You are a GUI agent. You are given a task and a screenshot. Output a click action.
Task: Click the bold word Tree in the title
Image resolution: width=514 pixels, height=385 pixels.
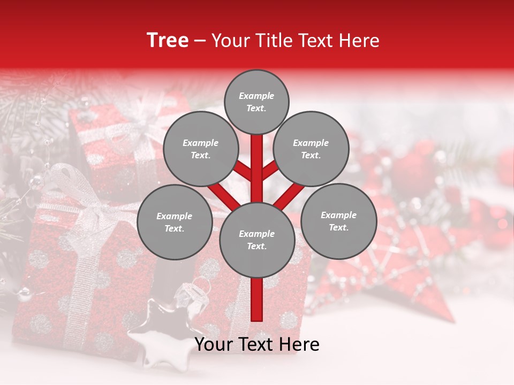(168, 41)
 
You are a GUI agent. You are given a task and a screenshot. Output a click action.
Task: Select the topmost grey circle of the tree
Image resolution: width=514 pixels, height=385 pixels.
(256, 102)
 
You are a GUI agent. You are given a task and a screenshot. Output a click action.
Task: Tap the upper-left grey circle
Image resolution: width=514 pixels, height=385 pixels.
(200, 149)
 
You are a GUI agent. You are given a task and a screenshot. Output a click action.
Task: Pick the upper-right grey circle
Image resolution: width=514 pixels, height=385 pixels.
(311, 149)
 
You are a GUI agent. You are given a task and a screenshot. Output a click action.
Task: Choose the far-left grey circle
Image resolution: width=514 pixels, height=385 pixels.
(174, 222)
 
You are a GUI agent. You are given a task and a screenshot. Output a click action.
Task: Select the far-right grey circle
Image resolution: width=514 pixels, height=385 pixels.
(338, 221)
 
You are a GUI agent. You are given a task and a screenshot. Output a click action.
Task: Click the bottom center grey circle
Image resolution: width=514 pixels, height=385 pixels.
(256, 240)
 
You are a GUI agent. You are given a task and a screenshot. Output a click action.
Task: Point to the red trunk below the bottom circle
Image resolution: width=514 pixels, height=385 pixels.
(256, 299)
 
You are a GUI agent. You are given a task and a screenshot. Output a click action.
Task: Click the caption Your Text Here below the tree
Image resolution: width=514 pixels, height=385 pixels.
(256, 344)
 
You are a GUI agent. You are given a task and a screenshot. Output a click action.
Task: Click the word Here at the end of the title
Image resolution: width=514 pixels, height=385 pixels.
(361, 41)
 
